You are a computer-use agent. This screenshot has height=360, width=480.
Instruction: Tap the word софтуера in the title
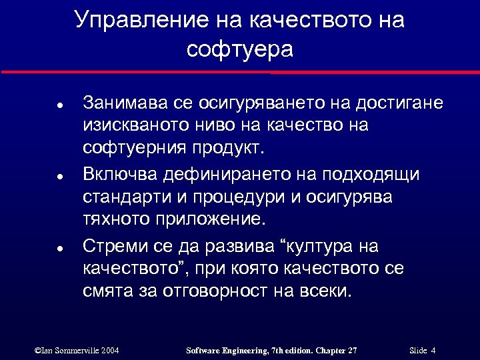[x=240, y=49]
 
